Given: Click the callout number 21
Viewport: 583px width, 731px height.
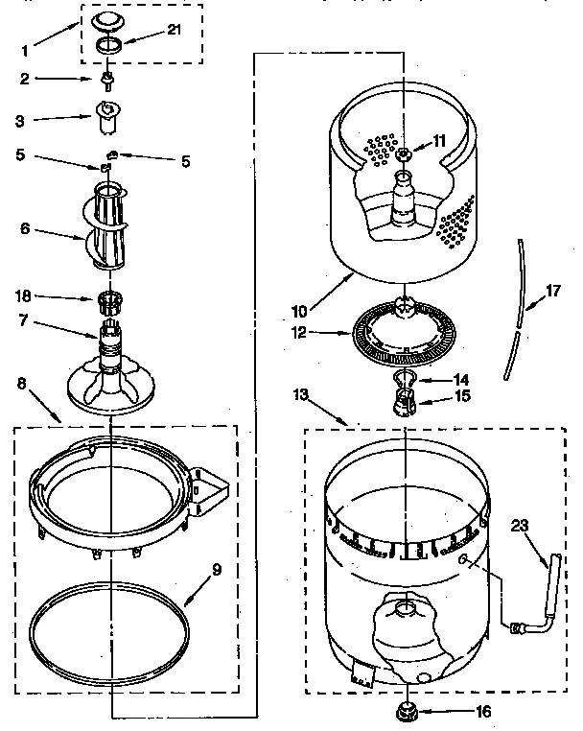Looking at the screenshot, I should (x=174, y=31).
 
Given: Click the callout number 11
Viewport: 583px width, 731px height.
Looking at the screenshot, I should (x=439, y=140).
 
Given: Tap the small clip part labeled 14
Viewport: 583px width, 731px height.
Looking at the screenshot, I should (x=405, y=379).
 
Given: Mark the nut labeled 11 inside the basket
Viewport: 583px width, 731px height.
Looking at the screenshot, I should (x=406, y=153).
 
